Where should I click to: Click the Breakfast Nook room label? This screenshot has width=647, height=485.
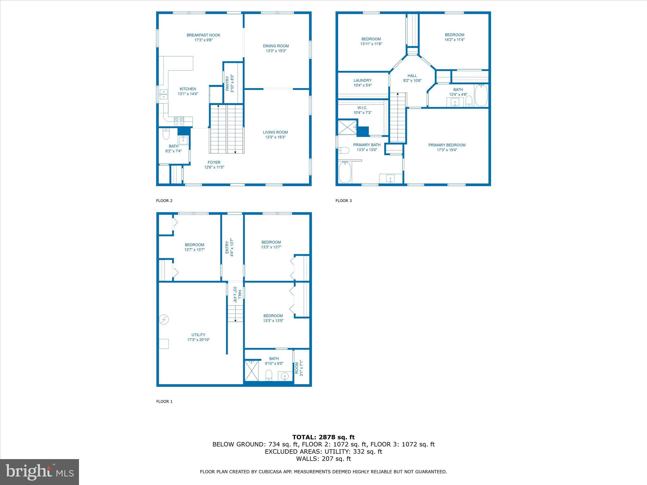tap(203, 35)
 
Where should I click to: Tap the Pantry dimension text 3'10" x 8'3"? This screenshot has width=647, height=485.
tap(232, 83)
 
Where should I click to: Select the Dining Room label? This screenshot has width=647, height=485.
tap(276, 46)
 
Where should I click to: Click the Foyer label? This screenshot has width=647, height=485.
tap(214, 162)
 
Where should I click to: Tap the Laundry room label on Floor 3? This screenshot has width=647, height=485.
tap(362, 81)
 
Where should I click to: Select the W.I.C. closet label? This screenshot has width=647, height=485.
tap(362, 108)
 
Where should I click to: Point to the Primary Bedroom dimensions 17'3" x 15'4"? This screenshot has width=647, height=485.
tap(447, 150)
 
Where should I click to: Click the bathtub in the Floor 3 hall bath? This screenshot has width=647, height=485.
tap(481, 95)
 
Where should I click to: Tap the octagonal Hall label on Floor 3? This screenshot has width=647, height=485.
tap(412, 76)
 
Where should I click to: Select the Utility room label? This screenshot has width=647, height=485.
tap(198, 335)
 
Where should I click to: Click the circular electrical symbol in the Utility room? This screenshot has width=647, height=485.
tap(164, 320)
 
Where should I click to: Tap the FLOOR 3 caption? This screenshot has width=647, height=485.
tap(343, 201)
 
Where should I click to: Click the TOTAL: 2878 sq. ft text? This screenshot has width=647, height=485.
tap(323, 437)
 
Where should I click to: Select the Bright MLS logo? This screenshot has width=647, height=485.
tap(39, 472)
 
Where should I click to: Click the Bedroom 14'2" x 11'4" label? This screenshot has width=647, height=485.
tap(454, 35)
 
